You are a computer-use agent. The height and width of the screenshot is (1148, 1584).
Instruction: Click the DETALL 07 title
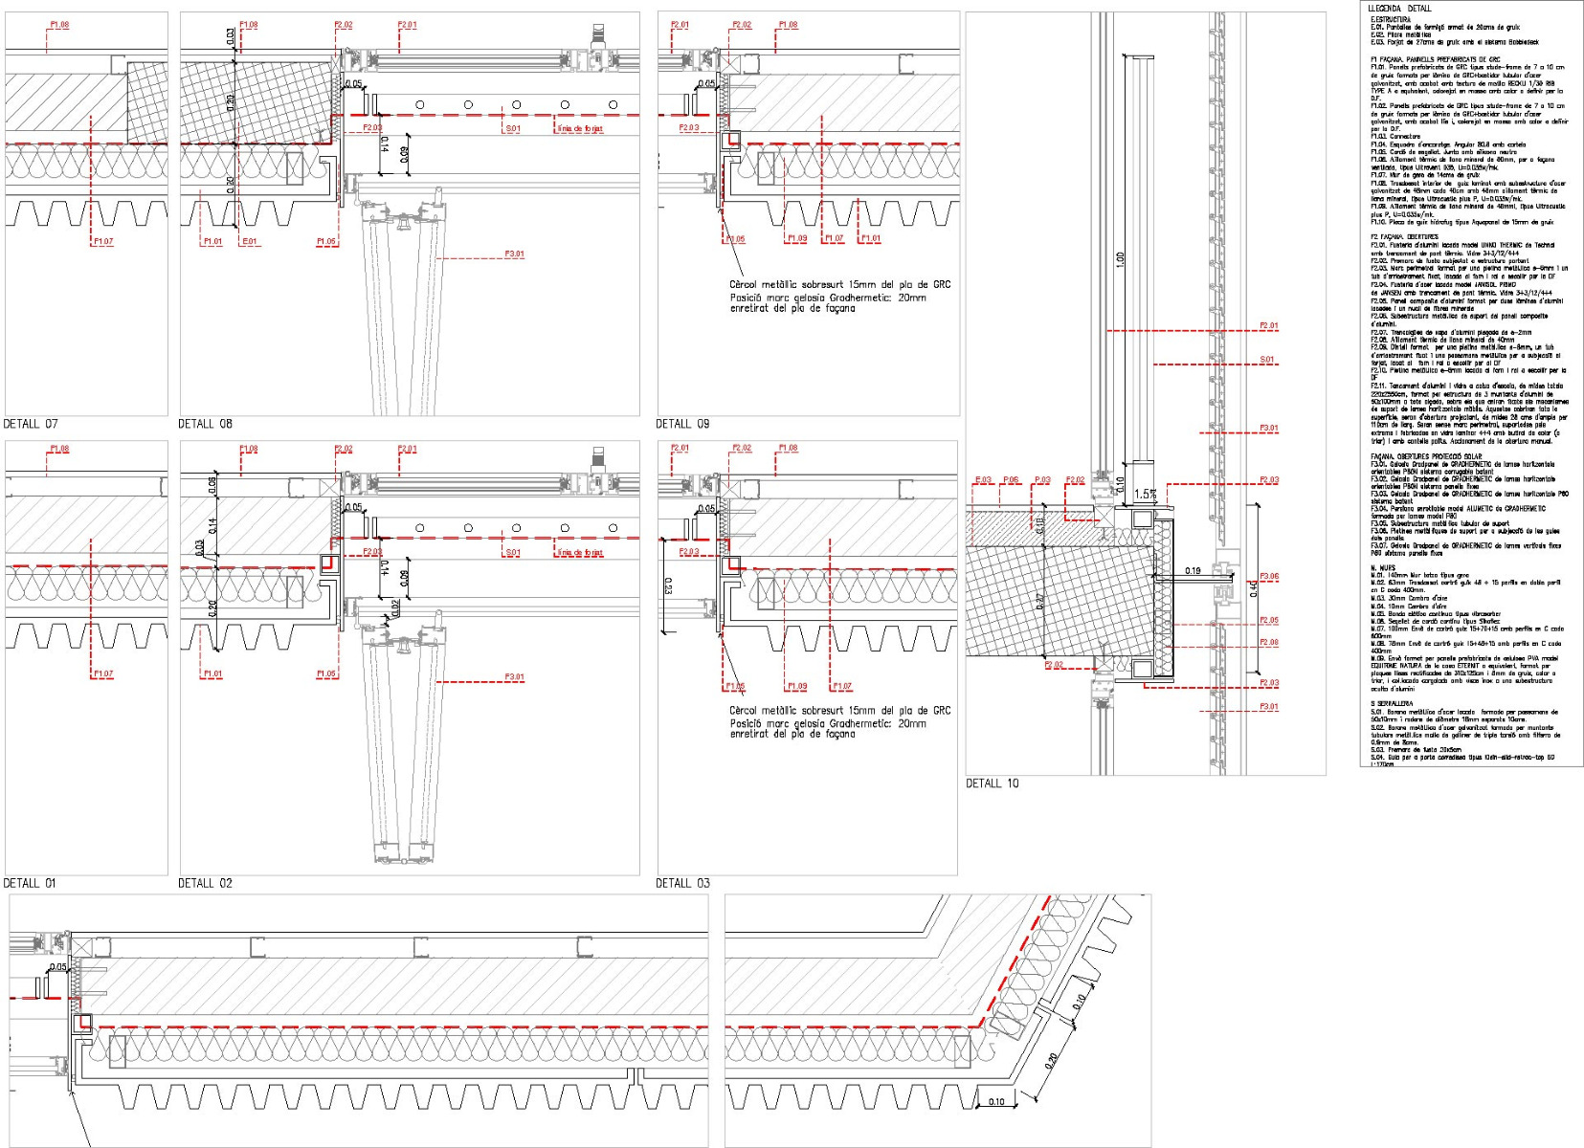pyautogui.click(x=31, y=424)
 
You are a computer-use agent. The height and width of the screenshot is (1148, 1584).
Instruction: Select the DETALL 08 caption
pyautogui.click(x=205, y=424)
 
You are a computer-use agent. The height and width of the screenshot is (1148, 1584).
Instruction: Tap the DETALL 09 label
pyautogui.click(x=682, y=424)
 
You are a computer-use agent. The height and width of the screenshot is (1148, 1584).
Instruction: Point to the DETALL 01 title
pyautogui.click(x=31, y=883)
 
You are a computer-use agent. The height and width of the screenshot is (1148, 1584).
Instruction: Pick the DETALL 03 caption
pyautogui.click(x=682, y=883)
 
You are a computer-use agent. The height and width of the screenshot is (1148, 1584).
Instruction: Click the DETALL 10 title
pyautogui.click(x=992, y=784)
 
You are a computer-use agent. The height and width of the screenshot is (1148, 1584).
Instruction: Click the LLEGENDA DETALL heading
pyautogui.click(x=1399, y=9)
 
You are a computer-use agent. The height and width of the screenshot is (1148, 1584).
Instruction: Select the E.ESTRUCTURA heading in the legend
pyautogui.click(x=1390, y=19)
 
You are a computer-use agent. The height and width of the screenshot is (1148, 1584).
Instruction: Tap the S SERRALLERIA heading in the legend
pyautogui.click(x=1392, y=704)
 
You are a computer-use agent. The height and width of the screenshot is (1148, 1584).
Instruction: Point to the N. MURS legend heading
pyautogui.click(x=1382, y=568)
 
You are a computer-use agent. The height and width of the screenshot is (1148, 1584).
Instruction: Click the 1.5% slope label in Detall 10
pyautogui.click(x=1145, y=495)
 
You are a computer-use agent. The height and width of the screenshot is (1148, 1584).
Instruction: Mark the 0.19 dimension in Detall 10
pyautogui.click(x=1193, y=571)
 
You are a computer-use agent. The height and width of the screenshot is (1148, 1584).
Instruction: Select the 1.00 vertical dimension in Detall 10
pyautogui.click(x=1120, y=259)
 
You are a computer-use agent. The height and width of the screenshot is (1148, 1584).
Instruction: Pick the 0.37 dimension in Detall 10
pyautogui.click(x=1040, y=602)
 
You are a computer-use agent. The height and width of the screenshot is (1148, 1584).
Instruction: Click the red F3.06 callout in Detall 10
pyautogui.click(x=1268, y=577)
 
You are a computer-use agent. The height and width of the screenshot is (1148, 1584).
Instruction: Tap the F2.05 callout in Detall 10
pyautogui.click(x=1268, y=621)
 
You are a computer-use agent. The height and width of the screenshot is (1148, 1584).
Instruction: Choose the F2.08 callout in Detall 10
pyautogui.click(x=1268, y=643)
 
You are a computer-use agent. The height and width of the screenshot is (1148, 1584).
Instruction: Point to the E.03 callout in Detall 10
pyautogui.click(x=983, y=480)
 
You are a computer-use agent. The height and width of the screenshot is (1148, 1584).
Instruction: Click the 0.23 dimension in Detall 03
pyautogui.click(x=668, y=585)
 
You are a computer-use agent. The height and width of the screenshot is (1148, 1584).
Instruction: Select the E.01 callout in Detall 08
pyautogui.click(x=250, y=242)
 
